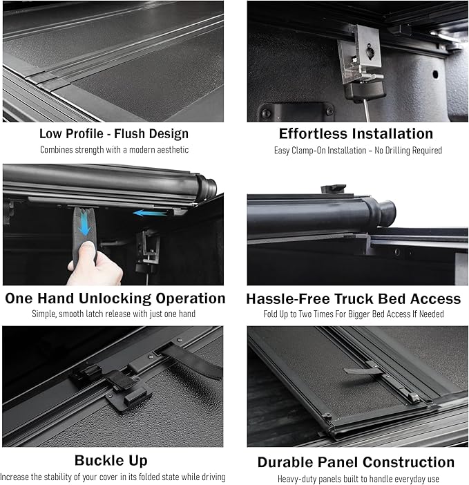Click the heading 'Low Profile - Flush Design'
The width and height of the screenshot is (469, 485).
click(x=114, y=133)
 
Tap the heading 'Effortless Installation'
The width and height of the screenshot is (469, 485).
click(x=356, y=133)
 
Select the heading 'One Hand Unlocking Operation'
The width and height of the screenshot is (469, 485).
click(x=115, y=298)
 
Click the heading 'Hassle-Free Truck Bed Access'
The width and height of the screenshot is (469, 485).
click(x=354, y=298)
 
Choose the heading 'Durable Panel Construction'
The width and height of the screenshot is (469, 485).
click(x=356, y=462)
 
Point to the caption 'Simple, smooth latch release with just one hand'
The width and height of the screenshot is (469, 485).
click(x=114, y=314)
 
